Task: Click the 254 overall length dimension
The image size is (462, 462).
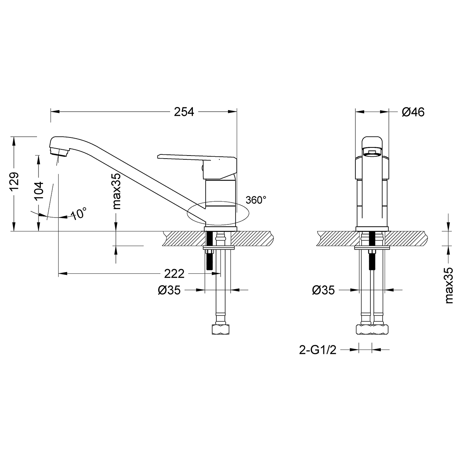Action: [184, 112]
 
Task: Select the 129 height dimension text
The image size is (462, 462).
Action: [14, 181]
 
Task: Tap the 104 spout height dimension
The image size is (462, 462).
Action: [39, 190]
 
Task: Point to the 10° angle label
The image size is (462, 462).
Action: [79, 213]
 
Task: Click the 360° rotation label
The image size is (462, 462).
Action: [256, 200]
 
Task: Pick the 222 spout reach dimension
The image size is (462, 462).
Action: [174, 274]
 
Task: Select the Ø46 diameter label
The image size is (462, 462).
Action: [413, 112]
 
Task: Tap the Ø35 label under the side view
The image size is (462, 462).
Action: [169, 290]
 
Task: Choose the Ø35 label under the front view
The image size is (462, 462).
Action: [323, 290]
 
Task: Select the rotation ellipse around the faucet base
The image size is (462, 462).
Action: [218, 213]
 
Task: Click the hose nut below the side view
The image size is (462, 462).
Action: [220, 330]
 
